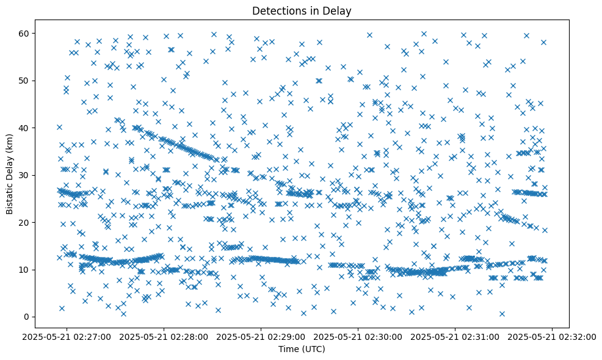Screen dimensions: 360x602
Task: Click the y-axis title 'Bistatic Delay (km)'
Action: (x=10, y=174)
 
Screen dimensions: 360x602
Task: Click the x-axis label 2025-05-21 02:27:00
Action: (x=67, y=336)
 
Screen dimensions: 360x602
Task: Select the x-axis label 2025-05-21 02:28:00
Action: (x=164, y=336)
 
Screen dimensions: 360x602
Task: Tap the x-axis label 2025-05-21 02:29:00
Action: (x=261, y=336)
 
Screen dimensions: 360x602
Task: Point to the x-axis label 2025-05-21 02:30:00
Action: (x=358, y=336)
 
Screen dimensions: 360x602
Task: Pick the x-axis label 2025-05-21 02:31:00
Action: (x=455, y=336)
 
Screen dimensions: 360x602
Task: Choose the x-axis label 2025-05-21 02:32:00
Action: (x=553, y=336)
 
